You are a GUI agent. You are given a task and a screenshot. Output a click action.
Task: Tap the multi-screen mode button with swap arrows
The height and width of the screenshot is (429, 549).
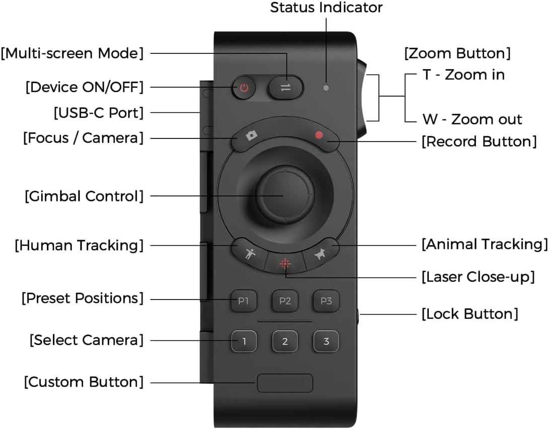(286, 88)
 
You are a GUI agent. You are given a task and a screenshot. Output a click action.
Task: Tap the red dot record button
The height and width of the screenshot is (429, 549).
(319, 136)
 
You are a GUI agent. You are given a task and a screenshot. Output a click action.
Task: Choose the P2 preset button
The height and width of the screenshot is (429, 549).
(285, 301)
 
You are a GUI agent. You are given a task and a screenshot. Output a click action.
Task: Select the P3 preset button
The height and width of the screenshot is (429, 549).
(326, 301)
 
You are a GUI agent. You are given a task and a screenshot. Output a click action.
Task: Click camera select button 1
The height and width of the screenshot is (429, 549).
(244, 342)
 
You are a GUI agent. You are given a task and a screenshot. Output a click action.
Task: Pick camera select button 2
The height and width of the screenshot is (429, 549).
(285, 342)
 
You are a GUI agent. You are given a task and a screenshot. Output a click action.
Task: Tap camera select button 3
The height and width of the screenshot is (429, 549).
(326, 342)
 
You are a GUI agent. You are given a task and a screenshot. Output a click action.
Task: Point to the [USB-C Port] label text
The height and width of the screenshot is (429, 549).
(99, 113)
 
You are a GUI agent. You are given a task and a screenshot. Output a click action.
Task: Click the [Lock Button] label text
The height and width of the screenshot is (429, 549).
(469, 314)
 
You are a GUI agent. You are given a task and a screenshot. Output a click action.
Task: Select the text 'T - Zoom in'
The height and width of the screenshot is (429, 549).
(463, 75)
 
